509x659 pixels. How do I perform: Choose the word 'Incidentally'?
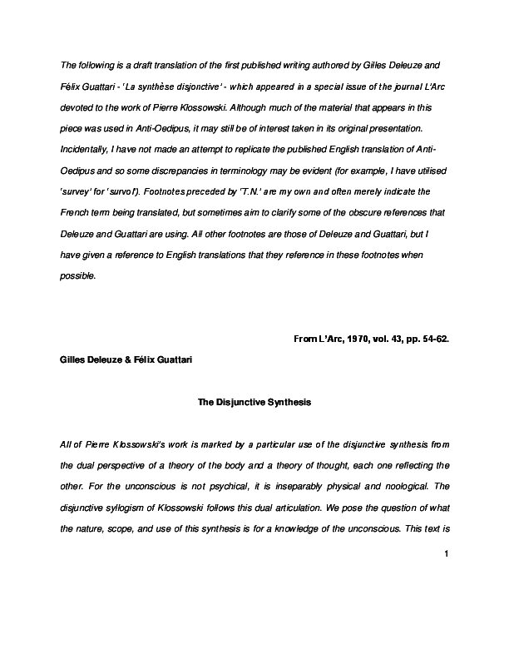[x=85, y=150]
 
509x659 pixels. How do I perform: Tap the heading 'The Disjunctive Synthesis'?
[x=254, y=402]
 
